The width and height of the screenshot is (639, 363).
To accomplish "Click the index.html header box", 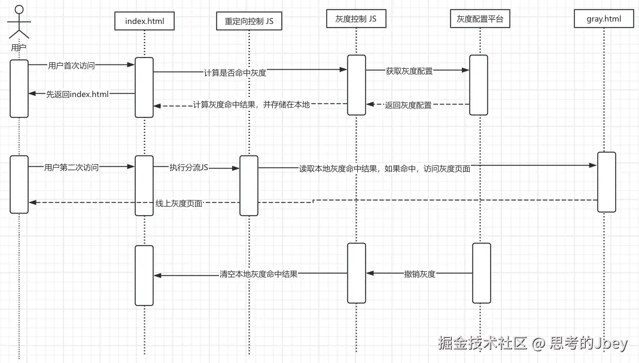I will [144, 22].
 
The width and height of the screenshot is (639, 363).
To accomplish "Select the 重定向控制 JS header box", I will [249, 22].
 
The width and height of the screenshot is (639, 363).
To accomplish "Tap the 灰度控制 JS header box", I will [355, 19].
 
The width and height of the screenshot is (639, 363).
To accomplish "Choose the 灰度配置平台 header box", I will [480, 19].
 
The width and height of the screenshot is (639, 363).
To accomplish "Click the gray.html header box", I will [604, 19].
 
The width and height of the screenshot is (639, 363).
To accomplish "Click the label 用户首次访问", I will [71, 66].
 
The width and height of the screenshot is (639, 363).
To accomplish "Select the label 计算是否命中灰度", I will [235, 72].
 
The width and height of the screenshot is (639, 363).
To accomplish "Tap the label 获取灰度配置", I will [409, 71].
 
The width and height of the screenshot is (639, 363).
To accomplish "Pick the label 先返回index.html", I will [77, 94].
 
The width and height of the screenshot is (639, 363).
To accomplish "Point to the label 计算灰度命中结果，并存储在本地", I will [251, 105].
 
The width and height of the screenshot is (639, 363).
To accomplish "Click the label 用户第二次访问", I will [71, 168].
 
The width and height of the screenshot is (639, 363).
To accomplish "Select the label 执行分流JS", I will [188, 168].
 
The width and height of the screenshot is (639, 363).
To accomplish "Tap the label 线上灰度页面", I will [179, 204].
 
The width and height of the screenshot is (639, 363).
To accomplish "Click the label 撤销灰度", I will [419, 274].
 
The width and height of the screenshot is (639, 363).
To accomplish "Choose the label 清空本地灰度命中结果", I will [258, 274].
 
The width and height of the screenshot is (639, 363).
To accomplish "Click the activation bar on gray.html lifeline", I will [606, 181].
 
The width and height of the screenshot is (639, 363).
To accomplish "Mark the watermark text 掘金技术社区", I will [482, 343].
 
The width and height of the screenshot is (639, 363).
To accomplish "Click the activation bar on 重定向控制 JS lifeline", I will [249, 186].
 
